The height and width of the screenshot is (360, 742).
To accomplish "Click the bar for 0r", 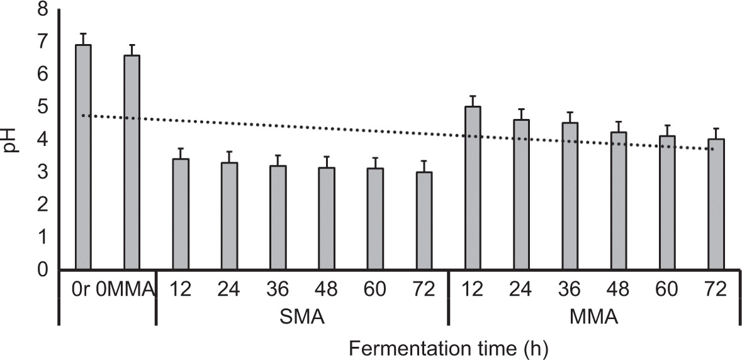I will tap(84, 157).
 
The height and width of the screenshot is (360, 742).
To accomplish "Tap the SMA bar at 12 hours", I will tap(181, 214).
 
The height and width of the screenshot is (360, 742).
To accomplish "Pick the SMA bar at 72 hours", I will tap(424, 221).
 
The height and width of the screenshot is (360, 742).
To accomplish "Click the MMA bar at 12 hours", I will tap(473, 188).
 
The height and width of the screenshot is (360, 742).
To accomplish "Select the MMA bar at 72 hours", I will tap(716, 205).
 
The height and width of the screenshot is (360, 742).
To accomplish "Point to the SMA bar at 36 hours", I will tap(278, 218).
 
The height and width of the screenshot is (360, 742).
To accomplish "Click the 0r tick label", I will tap(83, 290).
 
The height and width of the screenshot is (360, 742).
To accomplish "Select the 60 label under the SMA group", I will tap(376, 290).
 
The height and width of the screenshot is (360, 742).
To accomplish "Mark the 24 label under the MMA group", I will tap(521, 290).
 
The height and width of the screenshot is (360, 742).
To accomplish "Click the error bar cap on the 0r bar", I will tap(84, 33).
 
